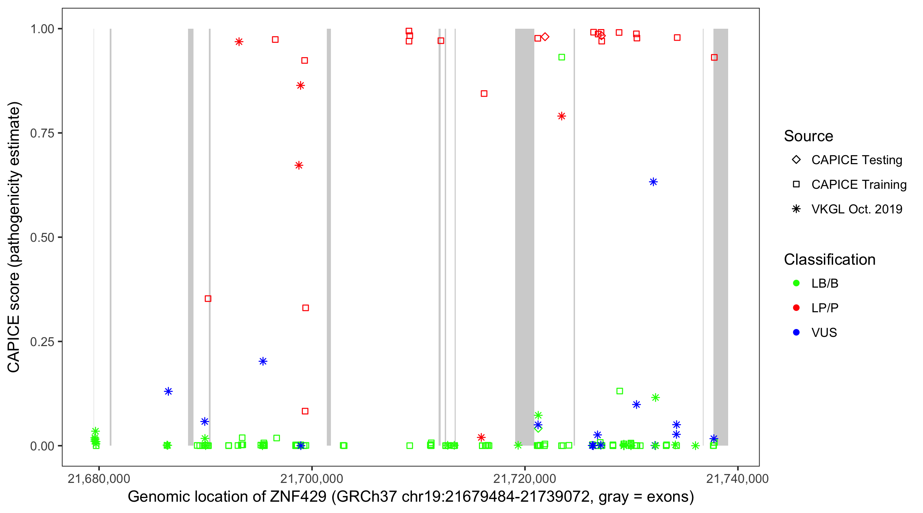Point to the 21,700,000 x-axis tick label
pos(311,478)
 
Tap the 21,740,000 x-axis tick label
pos(737,478)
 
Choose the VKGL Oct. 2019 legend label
pos(856,209)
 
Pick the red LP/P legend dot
pos(796,308)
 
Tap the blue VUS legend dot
pos(796,333)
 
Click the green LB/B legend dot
pos(796,283)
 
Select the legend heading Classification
pos(829,260)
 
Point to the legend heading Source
pos(808,136)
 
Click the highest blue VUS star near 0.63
pos(653,182)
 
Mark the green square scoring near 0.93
pos(561,57)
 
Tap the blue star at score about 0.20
pos(263,361)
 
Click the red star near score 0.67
pos(298,165)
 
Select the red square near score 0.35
pos(208,299)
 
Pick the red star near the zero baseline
pos(481,437)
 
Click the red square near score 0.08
pos(305,411)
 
